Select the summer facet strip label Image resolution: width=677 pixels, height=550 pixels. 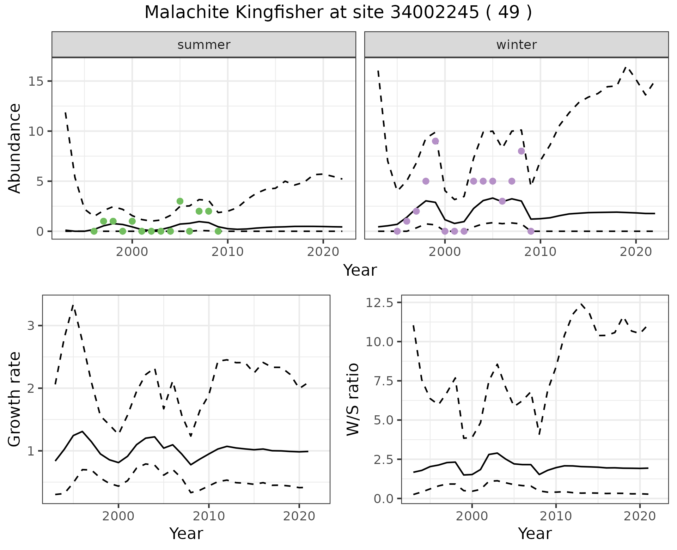point(204,45)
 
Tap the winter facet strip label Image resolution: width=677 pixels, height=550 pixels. point(516,45)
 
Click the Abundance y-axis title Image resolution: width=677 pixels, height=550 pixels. point(15,148)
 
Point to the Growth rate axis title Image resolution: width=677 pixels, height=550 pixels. point(15,399)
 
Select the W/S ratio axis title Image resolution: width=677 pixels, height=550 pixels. point(353,399)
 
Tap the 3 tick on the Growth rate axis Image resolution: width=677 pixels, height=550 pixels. point(31,325)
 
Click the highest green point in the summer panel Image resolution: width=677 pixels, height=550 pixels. point(180,201)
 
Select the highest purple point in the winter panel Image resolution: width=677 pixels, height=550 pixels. point(435,141)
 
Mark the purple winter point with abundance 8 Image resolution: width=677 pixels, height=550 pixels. point(521,151)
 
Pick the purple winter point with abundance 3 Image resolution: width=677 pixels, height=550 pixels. point(502,201)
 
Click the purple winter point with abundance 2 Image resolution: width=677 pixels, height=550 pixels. point(416,211)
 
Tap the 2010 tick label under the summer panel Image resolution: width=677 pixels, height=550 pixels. point(228,252)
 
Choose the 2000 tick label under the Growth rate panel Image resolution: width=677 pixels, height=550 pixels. point(118,516)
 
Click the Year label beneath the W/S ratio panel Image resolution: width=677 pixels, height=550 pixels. point(535,533)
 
